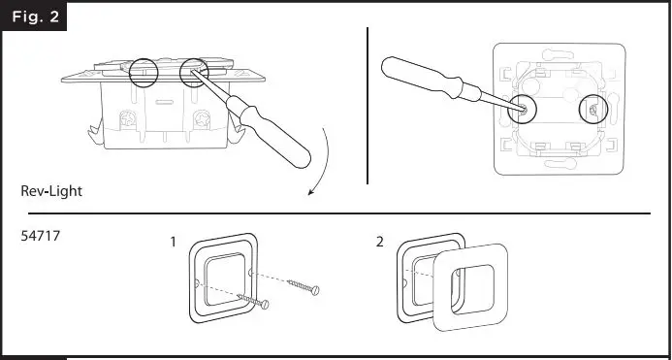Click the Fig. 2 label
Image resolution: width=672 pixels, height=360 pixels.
33,16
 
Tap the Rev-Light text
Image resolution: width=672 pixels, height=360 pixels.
51,191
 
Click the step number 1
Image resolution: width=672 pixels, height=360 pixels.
173,241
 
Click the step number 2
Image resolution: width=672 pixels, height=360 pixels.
379,241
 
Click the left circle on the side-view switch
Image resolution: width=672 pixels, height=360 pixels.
143,71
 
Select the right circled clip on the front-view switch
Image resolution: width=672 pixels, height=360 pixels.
591,110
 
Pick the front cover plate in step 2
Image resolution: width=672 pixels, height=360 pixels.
469,286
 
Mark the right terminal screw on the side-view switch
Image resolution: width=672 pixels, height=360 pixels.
202,122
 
